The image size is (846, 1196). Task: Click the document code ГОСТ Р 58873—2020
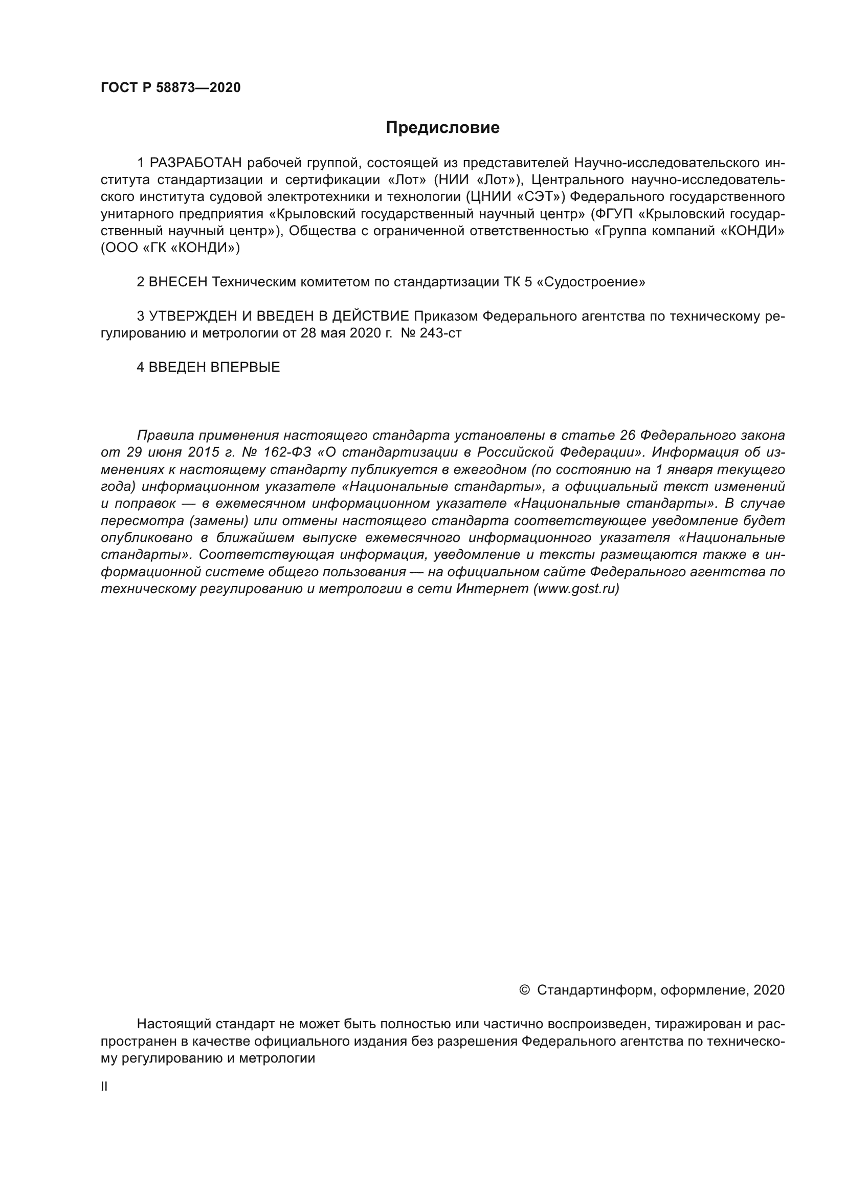click(170, 87)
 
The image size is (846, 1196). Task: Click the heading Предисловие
click(442, 128)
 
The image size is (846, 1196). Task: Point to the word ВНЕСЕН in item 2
click(178, 282)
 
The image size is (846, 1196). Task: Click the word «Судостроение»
click(591, 282)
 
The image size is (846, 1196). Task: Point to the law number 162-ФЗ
click(287, 452)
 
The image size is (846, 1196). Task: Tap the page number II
click(104, 1086)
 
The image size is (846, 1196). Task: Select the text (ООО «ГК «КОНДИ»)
click(170, 248)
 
